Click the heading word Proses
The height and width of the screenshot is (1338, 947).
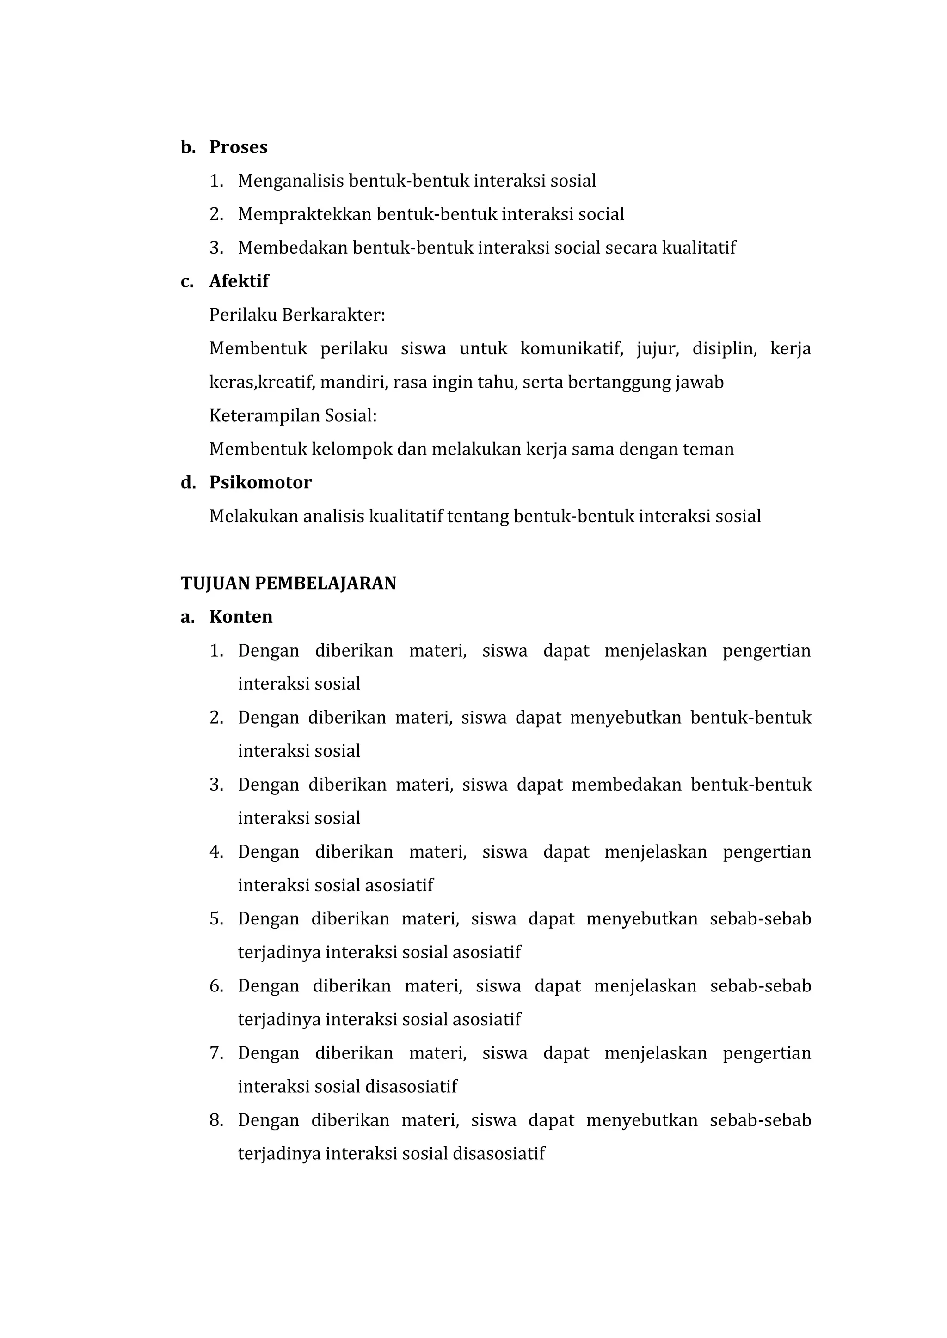pyautogui.click(x=238, y=147)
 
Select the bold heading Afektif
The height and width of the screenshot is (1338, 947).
pyautogui.click(x=239, y=281)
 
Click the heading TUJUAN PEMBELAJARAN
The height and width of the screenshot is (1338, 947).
pyautogui.click(x=288, y=584)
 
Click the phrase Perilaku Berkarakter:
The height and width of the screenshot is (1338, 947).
pyautogui.click(x=297, y=315)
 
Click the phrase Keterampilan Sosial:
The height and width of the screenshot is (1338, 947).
pyautogui.click(x=293, y=416)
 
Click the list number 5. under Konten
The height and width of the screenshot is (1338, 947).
pyautogui.click(x=216, y=919)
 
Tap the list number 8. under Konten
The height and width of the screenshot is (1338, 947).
pyautogui.click(x=216, y=1121)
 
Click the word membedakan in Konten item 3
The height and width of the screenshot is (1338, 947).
pyautogui.click(x=626, y=785)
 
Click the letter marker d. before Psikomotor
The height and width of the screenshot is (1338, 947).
pyautogui.click(x=188, y=482)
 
